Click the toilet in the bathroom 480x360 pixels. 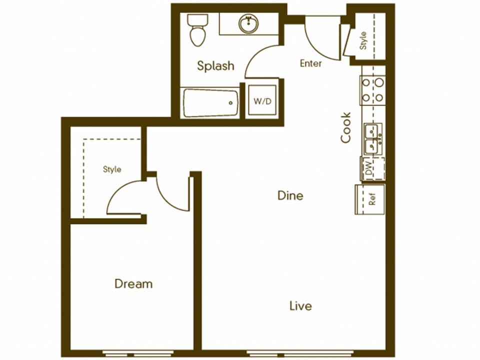tap(197, 29)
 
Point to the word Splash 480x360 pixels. tap(215, 65)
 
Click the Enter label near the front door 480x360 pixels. tap(310, 63)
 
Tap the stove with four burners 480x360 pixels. tap(373, 90)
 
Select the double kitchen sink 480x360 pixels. tap(373, 138)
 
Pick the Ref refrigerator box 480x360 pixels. tap(370, 199)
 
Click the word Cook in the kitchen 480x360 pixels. tap(346, 127)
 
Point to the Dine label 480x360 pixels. tap(290, 195)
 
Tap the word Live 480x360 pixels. tap(300, 305)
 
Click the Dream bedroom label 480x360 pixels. tap(133, 284)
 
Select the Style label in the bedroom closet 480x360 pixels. tap(112, 169)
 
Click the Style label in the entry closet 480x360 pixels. tap(363, 40)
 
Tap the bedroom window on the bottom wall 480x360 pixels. tap(132, 352)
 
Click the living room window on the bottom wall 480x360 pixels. tap(300, 352)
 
